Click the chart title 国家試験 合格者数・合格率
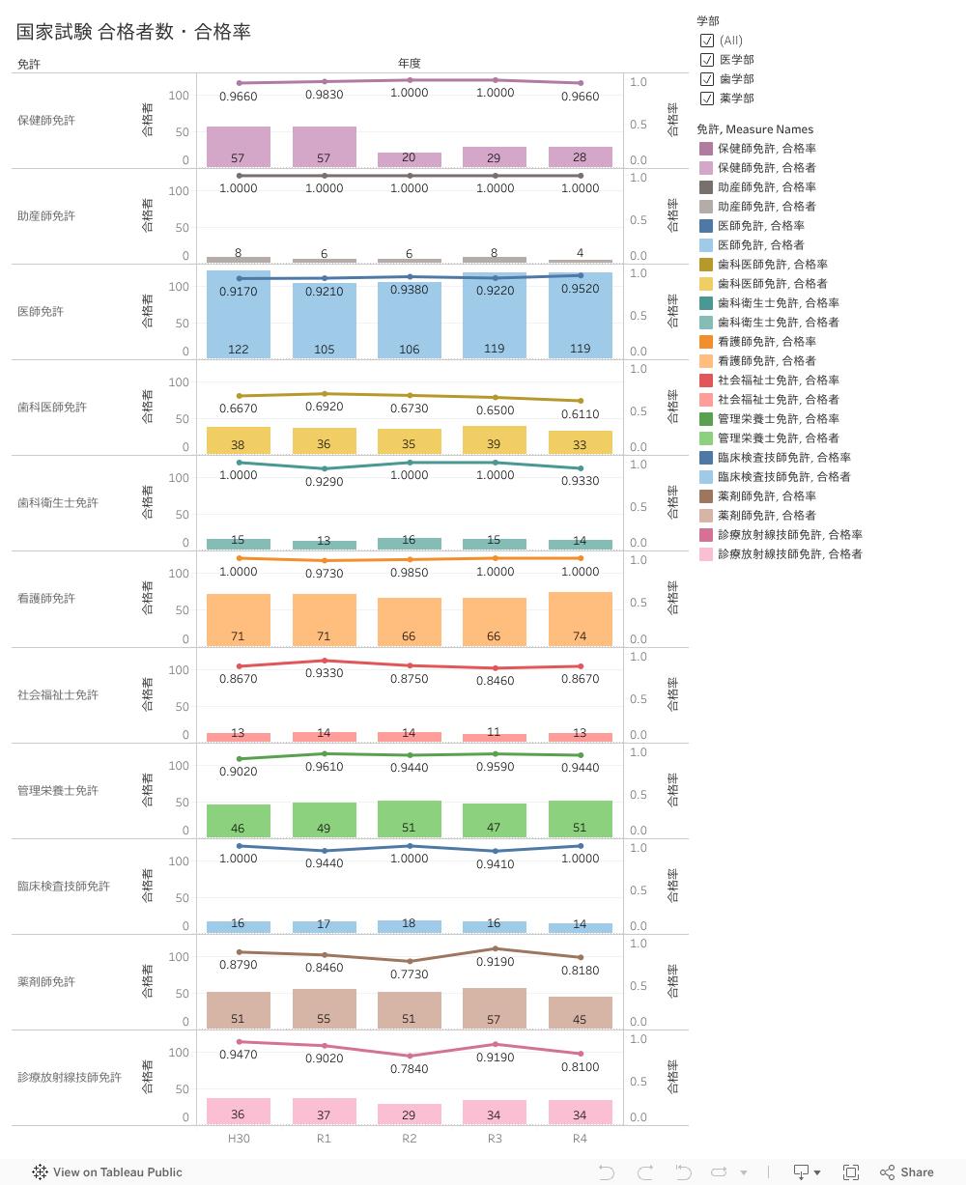tap(133, 32)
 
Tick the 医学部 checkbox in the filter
tap(707, 60)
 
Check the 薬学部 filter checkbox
tap(707, 99)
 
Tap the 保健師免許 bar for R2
tap(410, 159)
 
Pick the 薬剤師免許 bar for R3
tap(495, 1007)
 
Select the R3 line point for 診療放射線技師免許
tap(495, 1044)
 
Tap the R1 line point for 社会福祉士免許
tap(324, 661)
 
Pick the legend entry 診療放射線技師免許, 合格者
tap(790, 554)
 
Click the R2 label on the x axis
tap(410, 1139)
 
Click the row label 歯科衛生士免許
tap(58, 503)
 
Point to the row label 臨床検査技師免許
tap(64, 887)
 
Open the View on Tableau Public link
tap(107, 1172)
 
